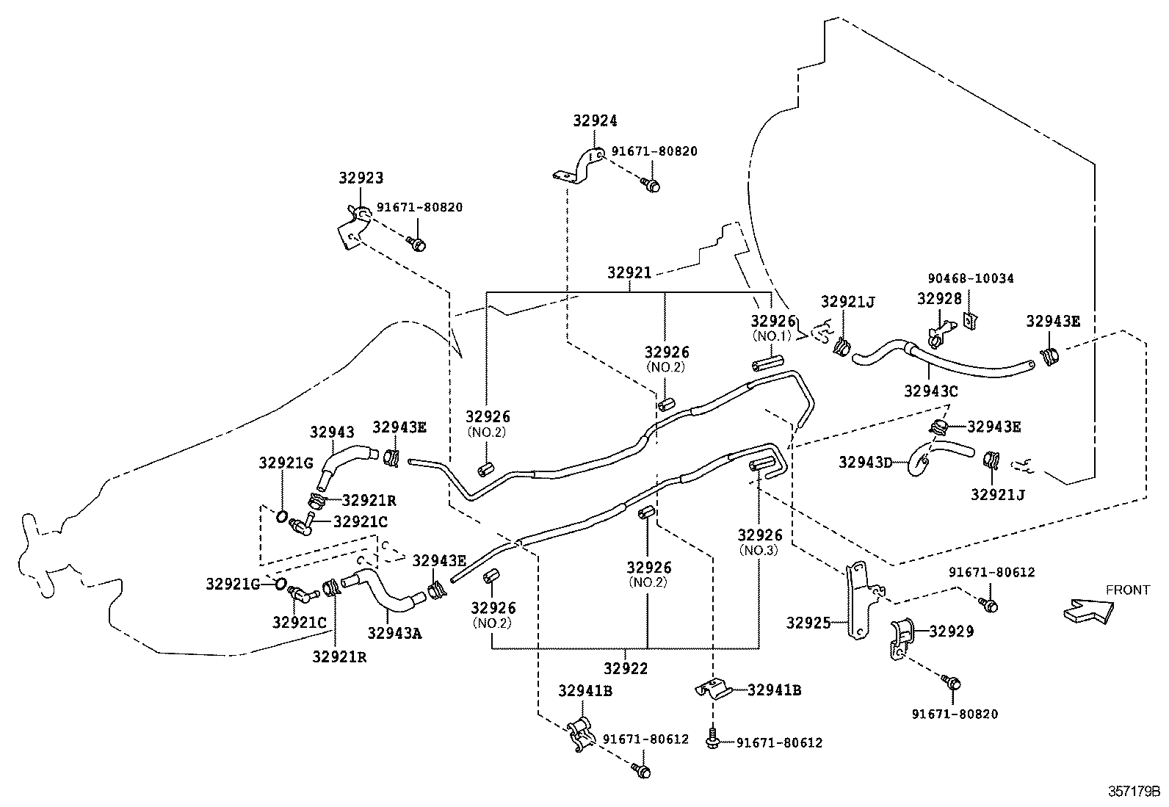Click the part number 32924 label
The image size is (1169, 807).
[595, 121]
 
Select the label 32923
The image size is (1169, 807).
[361, 178]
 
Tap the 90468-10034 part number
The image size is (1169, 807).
[970, 278]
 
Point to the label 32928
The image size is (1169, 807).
[938, 299]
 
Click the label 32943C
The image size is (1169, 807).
[930, 391]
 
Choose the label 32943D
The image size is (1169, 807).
[866, 462]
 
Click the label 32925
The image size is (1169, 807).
[808, 623]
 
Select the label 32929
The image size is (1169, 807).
[952, 631]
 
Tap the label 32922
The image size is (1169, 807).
[626, 668]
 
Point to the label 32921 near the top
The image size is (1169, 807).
[629, 272]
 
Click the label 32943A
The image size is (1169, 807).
[394, 632]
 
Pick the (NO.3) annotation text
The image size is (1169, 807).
[760, 551]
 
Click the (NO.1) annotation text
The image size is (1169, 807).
[770, 336]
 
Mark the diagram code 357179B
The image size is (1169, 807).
[1133, 792]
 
